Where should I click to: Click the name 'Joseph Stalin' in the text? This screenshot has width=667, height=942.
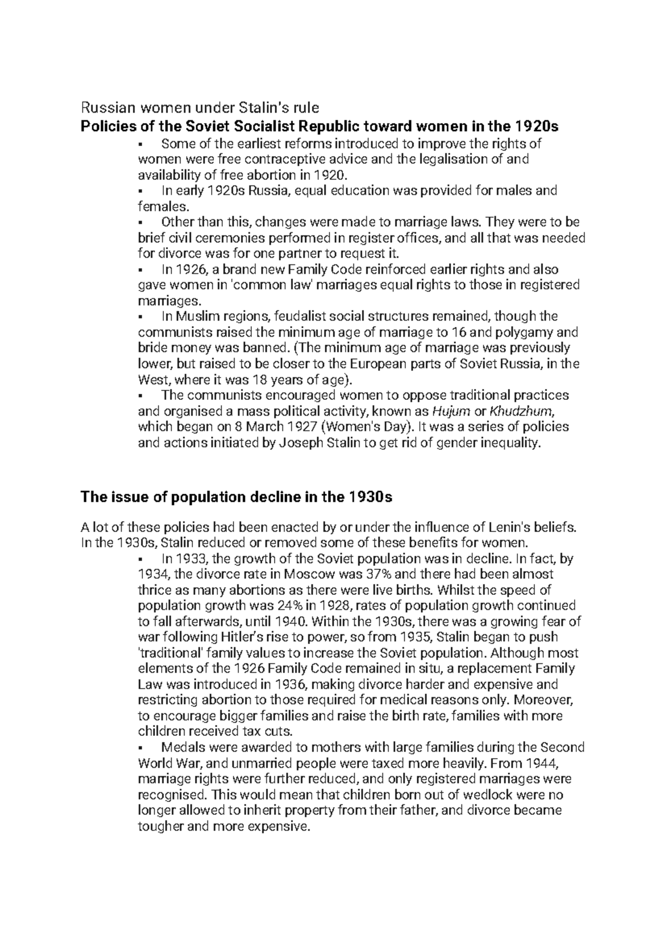[318, 443]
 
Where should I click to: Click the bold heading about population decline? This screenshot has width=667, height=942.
[237, 497]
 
